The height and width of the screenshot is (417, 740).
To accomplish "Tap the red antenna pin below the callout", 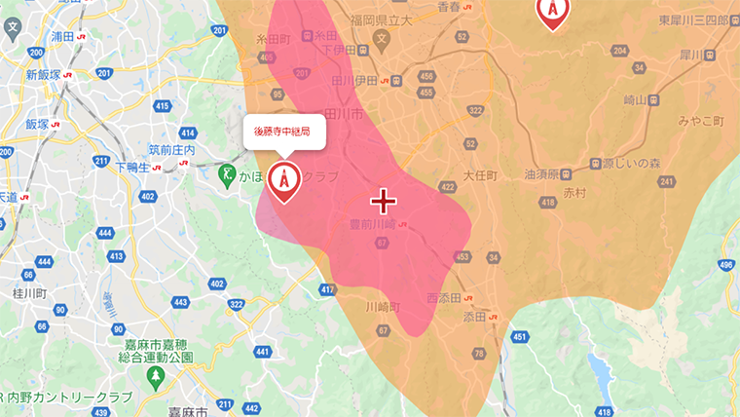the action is click(284, 179).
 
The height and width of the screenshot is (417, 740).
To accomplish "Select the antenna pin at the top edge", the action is click(553, 10).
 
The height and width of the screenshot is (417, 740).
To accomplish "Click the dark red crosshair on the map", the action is click(384, 201).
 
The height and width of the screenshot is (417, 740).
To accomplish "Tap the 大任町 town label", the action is click(480, 176).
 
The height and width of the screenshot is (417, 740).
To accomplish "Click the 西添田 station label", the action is click(447, 297).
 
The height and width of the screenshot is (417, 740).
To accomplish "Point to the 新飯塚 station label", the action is click(44, 74).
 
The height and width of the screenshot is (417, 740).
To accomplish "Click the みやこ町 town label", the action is click(701, 121).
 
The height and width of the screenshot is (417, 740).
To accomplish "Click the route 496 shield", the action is click(725, 264).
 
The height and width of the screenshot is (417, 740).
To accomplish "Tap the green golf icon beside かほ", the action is click(226, 176).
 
